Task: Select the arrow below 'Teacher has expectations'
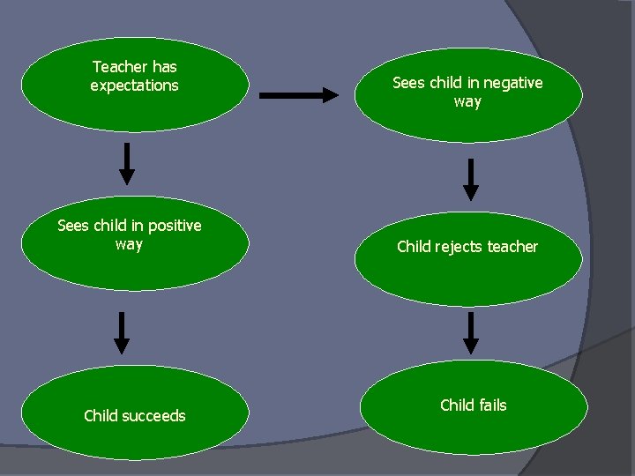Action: [127, 163]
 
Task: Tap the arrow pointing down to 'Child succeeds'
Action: [122, 332]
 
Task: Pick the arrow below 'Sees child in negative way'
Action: [472, 179]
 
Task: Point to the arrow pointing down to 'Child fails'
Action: [472, 332]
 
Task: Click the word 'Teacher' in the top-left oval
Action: [120, 67]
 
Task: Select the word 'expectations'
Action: [134, 86]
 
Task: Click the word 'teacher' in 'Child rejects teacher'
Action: [512, 247]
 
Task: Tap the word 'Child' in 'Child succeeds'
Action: [101, 415]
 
